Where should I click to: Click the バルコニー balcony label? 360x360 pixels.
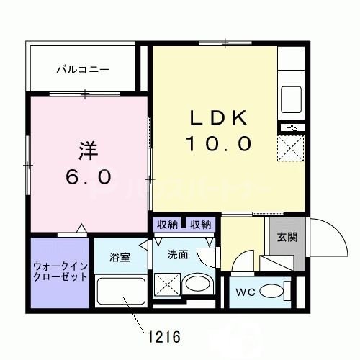[84, 70]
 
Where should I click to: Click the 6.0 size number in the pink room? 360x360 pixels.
[89, 176]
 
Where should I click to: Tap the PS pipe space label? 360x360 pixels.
[291, 128]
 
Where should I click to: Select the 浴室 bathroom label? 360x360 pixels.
[120, 257]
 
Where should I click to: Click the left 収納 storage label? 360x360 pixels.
[168, 225]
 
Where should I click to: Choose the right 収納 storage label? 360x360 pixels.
[201, 225]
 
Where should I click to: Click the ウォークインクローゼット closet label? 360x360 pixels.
[60, 271]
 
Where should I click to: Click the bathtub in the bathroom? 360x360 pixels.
[119, 293]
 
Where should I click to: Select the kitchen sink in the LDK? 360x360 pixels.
[293, 96]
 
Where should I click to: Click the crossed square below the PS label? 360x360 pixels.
[292, 150]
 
